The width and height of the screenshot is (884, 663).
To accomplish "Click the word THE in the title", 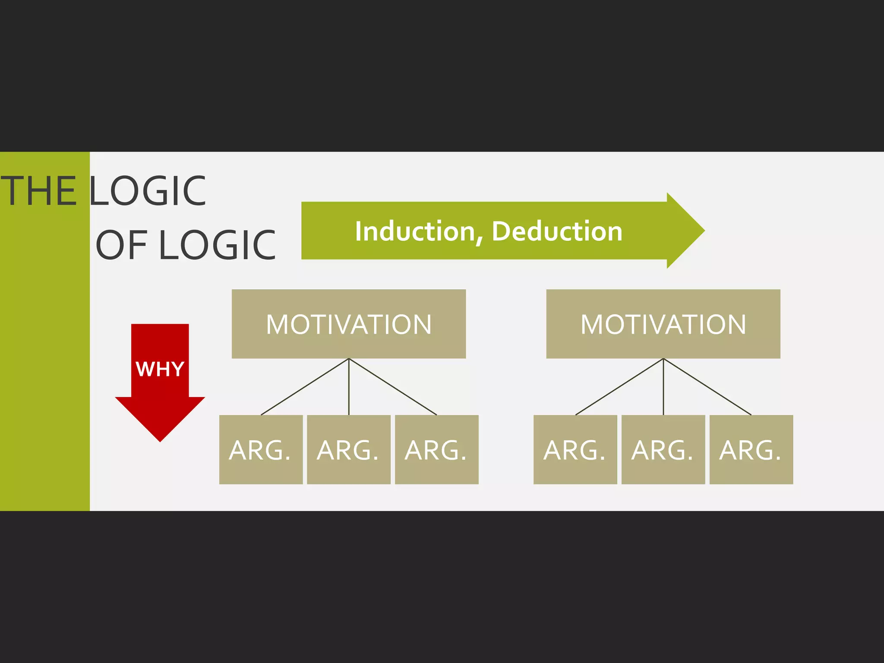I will pyautogui.click(x=39, y=191).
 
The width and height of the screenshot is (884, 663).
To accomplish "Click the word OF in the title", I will pyautogui.click(x=121, y=245).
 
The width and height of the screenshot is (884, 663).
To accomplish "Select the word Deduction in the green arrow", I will pyautogui.click(x=557, y=231).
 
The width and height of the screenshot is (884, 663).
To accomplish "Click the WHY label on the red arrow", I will pyautogui.click(x=160, y=369).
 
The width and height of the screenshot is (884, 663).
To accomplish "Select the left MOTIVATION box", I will pyautogui.click(x=349, y=324).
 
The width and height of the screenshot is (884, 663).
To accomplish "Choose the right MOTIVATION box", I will pyautogui.click(x=663, y=324).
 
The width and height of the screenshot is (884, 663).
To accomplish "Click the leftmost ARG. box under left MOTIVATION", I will pyautogui.click(x=261, y=450).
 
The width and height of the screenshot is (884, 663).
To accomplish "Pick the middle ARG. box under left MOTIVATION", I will pyautogui.click(x=349, y=450).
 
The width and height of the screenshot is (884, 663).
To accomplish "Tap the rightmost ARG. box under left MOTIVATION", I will pyautogui.click(x=436, y=450).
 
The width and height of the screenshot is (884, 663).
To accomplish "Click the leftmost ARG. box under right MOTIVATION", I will pyautogui.click(x=575, y=450).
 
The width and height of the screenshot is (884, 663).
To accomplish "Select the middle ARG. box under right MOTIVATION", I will pyautogui.click(x=663, y=450).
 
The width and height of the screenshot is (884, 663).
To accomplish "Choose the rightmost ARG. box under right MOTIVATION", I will pyautogui.click(x=751, y=450).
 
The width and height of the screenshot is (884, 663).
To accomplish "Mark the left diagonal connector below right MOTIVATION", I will pyautogui.click(x=619, y=387).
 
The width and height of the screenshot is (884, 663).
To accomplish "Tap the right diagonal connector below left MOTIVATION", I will pyautogui.click(x=393, y=387).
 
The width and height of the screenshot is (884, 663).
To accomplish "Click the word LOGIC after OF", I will pyautogui.click(x=218, y=245).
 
